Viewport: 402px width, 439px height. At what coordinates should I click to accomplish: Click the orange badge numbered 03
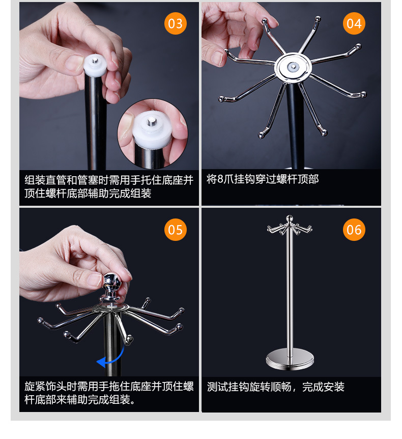coord(175,24)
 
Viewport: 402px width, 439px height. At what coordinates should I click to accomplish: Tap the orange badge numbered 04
coord(354,24)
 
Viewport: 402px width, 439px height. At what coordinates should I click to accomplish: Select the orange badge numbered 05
coord(175,230)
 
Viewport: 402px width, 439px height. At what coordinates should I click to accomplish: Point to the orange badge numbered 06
coord(354,230)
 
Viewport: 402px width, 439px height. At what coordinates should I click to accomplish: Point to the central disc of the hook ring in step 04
coord(292,66)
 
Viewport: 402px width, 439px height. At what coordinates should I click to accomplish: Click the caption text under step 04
coord(263,179)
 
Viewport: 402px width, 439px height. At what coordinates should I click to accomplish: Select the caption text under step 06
coord(275,387)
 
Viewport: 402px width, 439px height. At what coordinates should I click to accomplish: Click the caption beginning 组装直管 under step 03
coord(109,187)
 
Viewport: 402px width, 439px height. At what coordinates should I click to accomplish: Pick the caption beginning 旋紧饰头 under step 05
coord(109,393)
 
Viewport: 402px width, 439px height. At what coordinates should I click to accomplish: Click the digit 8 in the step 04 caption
coord(220,179)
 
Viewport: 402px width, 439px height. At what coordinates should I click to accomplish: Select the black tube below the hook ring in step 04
coord(293,127)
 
